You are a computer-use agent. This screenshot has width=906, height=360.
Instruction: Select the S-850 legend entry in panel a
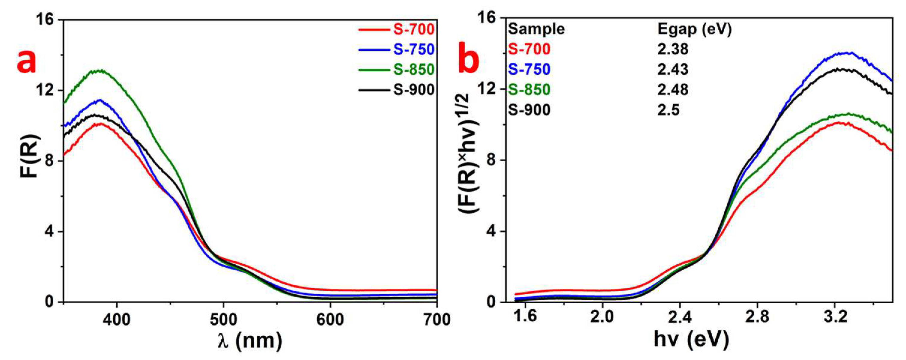[414, 70]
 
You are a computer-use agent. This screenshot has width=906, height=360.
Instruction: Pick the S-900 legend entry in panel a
[414, 90]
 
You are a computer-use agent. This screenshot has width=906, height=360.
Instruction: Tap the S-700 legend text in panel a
[414, 29]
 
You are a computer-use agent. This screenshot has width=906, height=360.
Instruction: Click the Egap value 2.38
[672, 49]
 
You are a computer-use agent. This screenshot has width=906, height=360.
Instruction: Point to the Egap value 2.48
[672, 90]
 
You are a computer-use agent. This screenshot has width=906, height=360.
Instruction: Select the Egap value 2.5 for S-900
[668, 110]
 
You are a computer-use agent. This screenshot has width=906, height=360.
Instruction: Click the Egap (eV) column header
[695, 29]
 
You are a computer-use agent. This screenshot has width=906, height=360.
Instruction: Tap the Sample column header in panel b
[536, 29]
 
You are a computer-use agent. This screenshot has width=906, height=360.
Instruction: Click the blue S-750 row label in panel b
[529, 70]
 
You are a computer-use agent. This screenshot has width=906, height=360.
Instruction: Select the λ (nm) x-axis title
[250, 341]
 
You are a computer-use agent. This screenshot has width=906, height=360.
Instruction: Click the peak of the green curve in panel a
[101, 71]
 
